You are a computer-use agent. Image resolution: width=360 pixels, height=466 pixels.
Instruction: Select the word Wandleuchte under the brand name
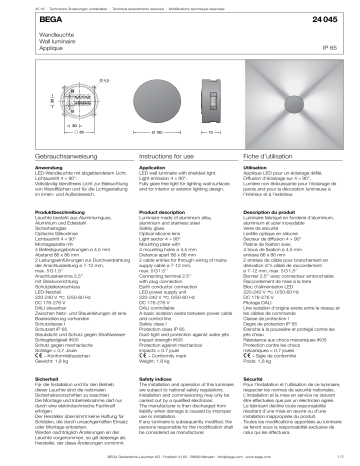point(25,33)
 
